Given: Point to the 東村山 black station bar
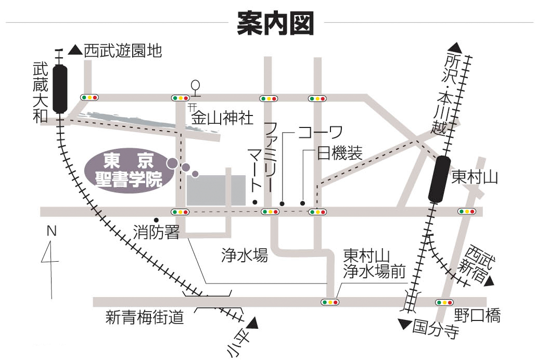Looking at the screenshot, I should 439,178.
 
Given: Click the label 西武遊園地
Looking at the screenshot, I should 123,50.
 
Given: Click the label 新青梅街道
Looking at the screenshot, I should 145,317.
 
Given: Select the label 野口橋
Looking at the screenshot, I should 477,315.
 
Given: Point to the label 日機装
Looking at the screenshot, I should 339,153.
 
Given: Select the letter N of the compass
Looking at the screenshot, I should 51,232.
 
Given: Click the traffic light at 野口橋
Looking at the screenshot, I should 444,302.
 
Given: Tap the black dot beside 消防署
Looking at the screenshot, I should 156,219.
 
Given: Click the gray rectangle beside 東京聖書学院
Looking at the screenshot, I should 216,190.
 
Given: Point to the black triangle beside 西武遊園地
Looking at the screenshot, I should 75,50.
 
